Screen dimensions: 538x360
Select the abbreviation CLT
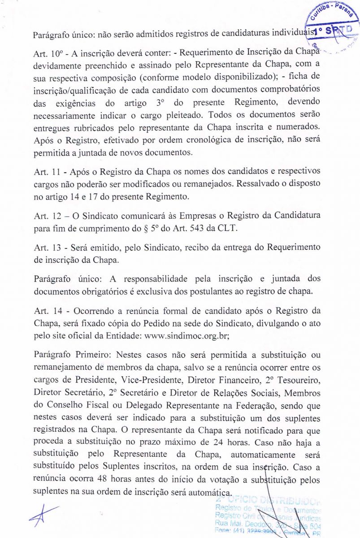[x=229, y=228]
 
